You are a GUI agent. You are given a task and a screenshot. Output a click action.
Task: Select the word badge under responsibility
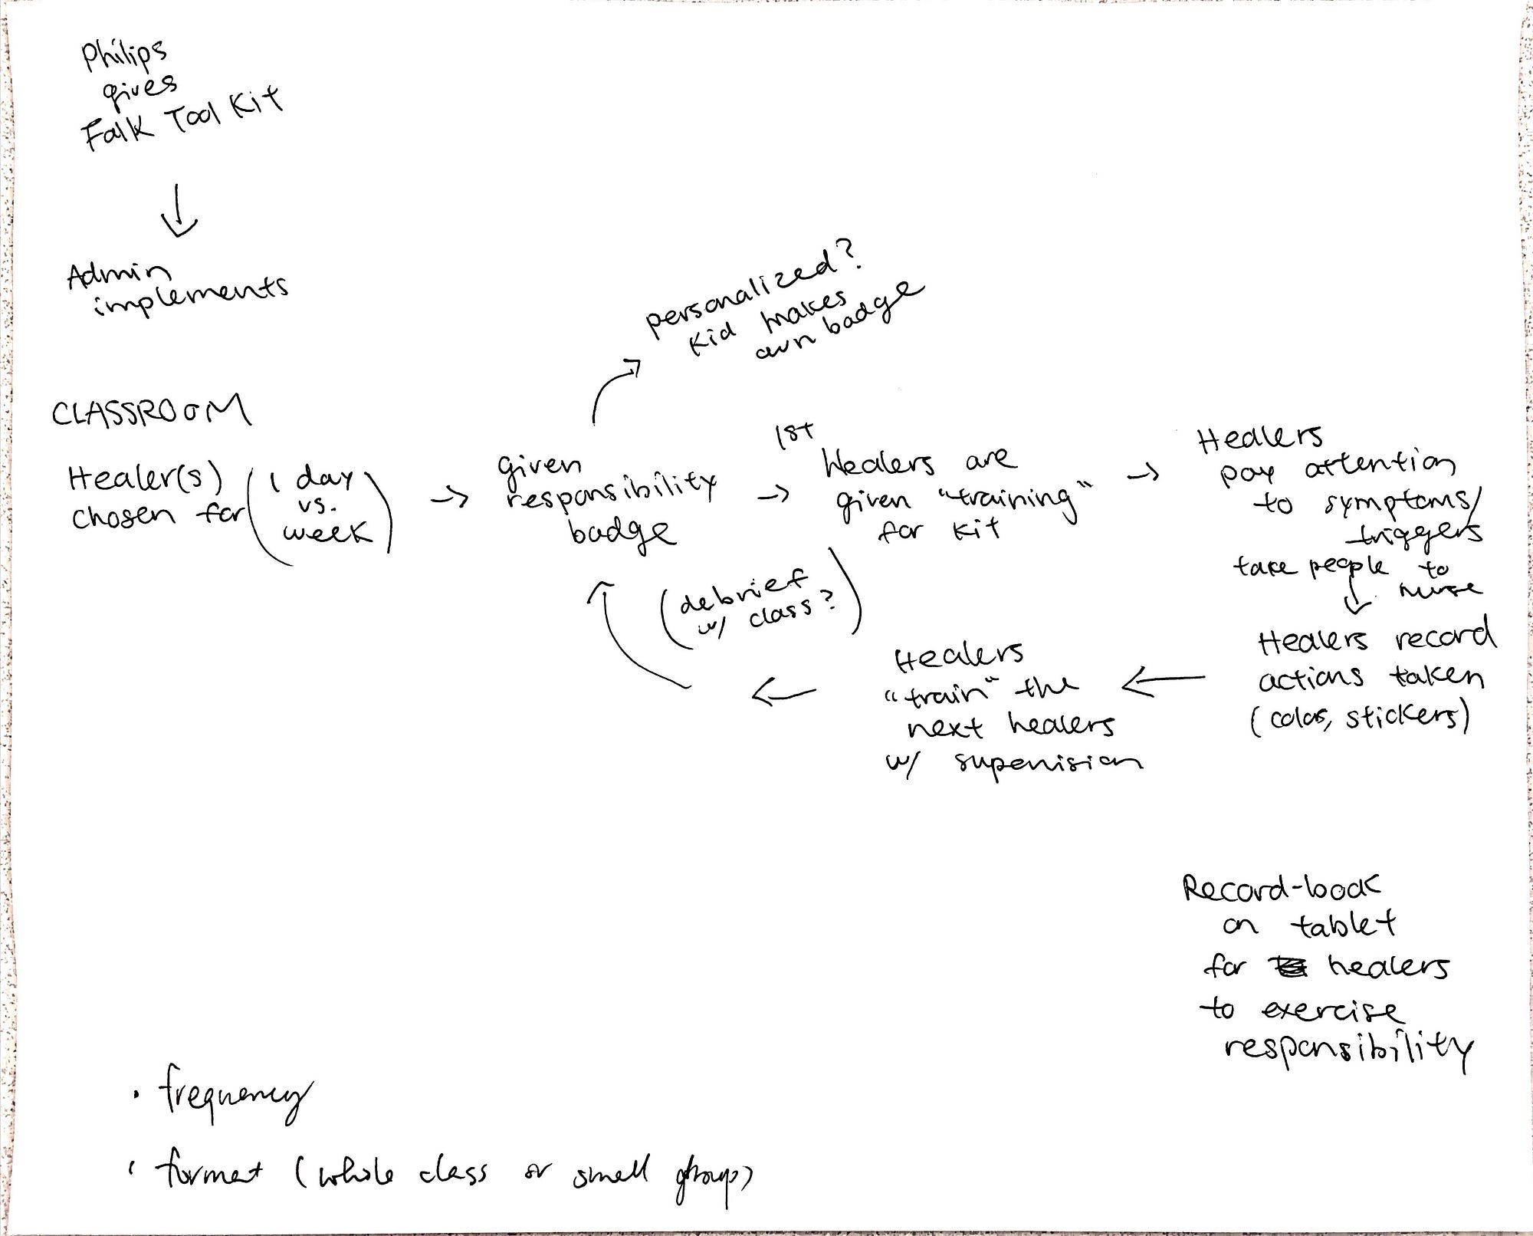[x=622, y=531]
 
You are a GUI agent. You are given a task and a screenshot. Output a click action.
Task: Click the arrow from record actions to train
[x=1163, y=680]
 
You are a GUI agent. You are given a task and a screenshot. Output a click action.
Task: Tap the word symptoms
[x=1393, y=503]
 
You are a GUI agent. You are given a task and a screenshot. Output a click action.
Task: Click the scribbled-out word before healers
[x=1288, y=968]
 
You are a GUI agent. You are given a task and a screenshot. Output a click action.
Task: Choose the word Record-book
[x=1281, y=888]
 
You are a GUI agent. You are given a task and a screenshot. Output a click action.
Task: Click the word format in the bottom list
[x=208, y=1171]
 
